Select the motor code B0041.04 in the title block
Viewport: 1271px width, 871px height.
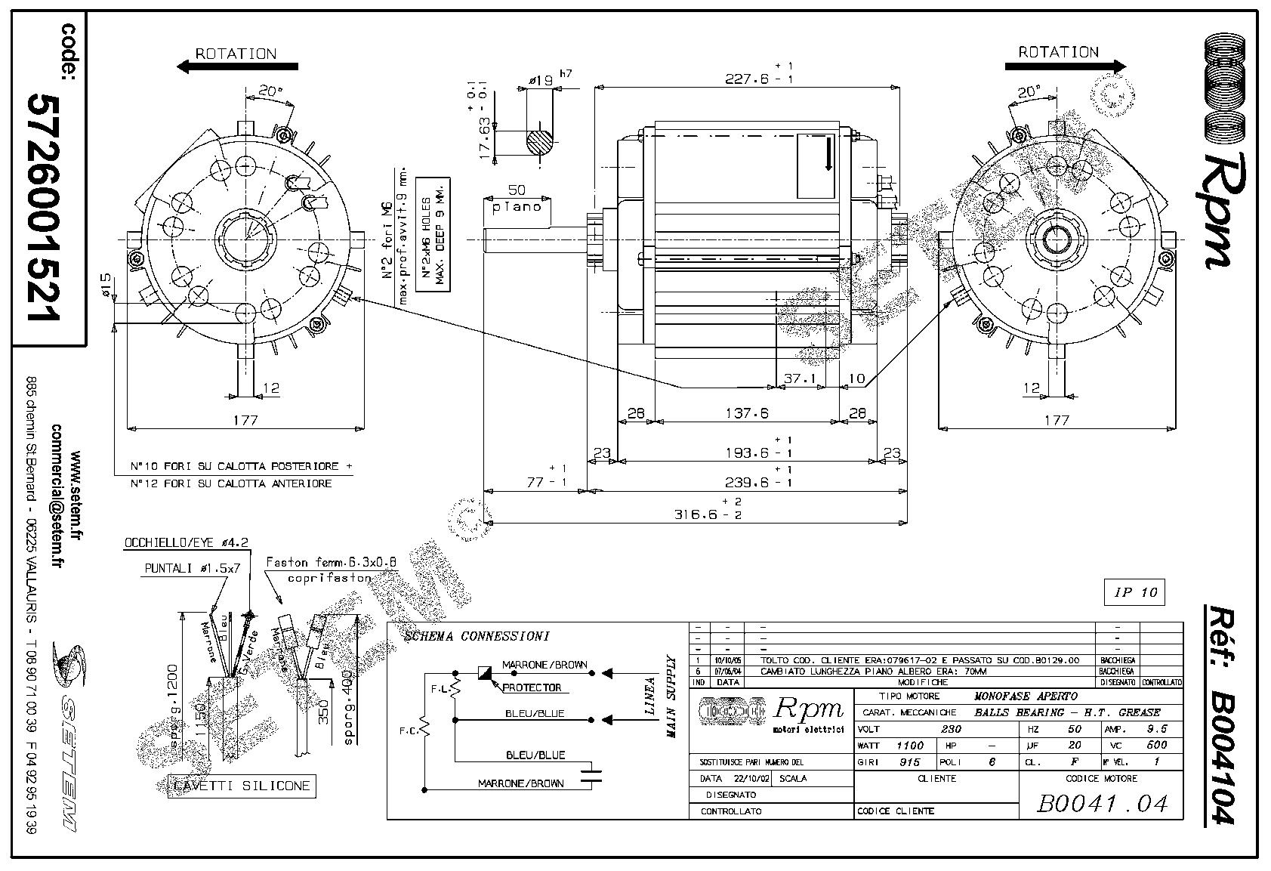(x=1103, y=803)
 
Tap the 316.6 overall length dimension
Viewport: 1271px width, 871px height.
(x=696, y=514)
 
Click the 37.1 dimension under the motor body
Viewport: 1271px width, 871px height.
(x=800, y=378)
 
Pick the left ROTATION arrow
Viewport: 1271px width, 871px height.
(x=237, y=66)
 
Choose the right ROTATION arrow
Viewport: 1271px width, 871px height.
(x=1065, y=66)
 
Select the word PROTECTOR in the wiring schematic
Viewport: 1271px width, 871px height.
(x=532, y=687)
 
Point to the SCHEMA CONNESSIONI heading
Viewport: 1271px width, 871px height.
(x=477, y=636)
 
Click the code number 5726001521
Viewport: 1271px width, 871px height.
(x=45, y=208)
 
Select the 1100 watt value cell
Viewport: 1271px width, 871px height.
(x=909, y=746)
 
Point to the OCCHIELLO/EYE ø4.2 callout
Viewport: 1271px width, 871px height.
(x=186, y=542)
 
